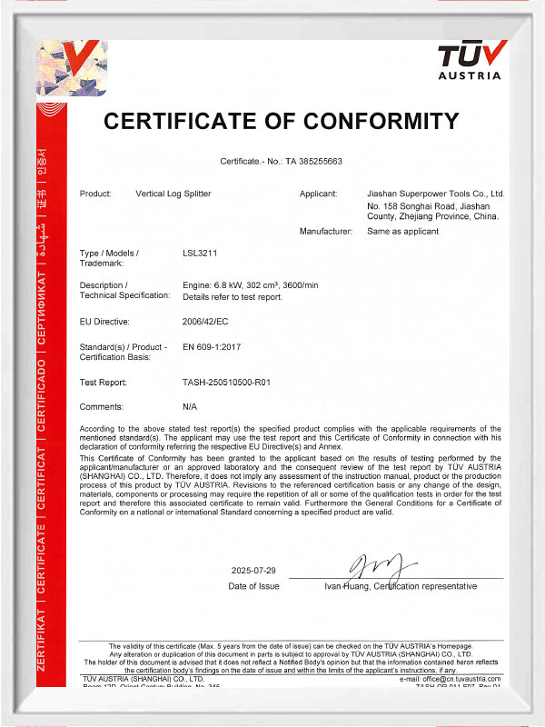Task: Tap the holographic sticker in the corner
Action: [71, 68]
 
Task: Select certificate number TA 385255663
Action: [313, 161]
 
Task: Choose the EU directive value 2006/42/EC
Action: [206, 321]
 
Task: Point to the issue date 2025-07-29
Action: [253, 571]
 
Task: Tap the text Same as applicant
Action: [402, 232]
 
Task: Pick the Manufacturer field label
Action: [325, 232]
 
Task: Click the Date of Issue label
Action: [253, 587]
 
